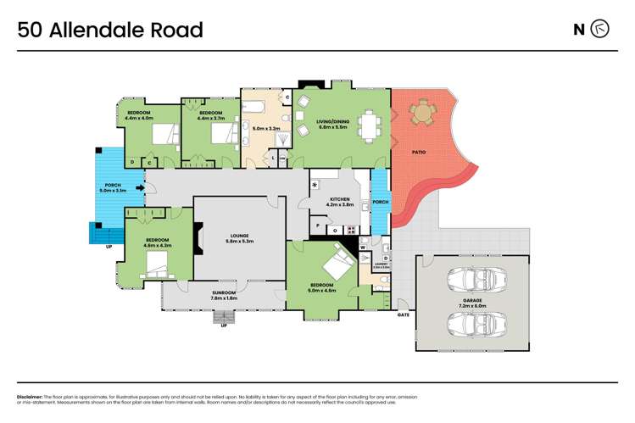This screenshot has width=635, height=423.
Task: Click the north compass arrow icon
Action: tap(599, 30)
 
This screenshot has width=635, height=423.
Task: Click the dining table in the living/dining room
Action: tap(367, 125)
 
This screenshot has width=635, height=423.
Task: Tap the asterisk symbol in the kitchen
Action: tap(315, 185)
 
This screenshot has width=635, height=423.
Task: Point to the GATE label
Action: tap(404, 314)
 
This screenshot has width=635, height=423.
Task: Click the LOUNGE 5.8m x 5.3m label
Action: tap(242, 239)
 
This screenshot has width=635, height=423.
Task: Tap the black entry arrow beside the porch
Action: tap(129, 190)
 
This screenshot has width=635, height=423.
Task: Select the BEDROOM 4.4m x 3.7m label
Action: tap(209, 115)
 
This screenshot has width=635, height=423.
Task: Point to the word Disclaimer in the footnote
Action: tap(31, 396)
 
